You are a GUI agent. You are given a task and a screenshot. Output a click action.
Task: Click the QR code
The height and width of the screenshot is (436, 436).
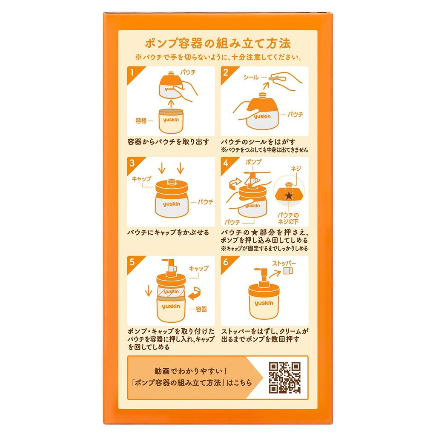(285, 377)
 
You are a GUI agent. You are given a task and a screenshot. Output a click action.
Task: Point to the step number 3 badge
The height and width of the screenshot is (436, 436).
(133, 163)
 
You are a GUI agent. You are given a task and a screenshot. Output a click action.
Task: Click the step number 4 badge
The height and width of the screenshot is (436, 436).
(226, 163)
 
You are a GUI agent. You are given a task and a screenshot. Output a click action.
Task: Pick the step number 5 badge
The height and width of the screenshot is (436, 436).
(133, 261)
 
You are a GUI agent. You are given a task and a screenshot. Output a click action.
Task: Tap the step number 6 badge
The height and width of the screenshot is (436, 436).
(226, 261)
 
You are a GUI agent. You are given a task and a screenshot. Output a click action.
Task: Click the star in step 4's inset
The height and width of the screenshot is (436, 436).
(289, 196)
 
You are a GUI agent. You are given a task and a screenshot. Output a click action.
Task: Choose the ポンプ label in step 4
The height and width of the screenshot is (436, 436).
(254, 163)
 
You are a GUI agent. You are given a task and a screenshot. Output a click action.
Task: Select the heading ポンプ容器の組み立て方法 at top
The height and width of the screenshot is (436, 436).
(218, 44)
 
